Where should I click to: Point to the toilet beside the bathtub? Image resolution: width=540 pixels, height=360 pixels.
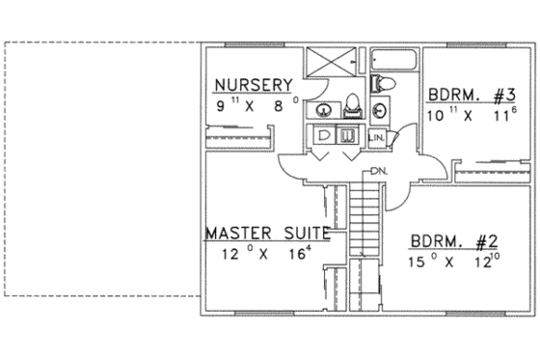click(379, 83)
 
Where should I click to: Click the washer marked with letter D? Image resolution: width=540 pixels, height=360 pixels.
click(323, 136)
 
